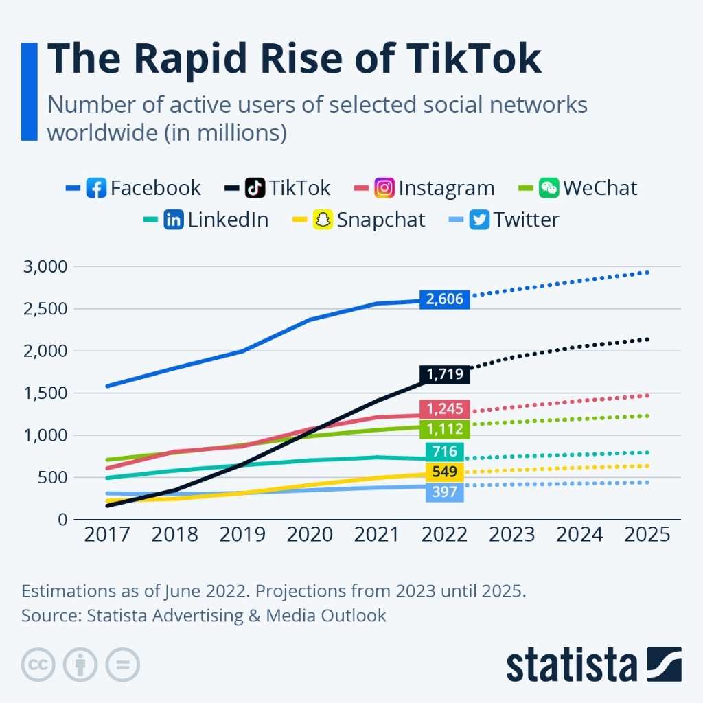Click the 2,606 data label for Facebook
click(445, 299)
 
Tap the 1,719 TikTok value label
click(445, 374)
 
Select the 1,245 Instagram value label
click(445, 409)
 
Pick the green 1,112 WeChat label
click(445, 429)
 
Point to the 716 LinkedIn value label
click(445, 451)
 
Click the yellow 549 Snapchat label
click(445, 472)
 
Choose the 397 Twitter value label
click(445, 492)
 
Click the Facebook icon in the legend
click(96, 188)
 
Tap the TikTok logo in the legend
click(255, 188)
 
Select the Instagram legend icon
click(384, 188)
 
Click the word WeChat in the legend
click(600, 188)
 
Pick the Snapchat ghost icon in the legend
click(323, 220)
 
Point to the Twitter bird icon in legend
click(480, 220)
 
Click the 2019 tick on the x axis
click(241, 534)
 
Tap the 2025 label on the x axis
click(646, 534)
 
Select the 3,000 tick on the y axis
click(47, 266)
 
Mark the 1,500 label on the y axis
click(47, 393)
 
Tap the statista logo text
click(572, 665)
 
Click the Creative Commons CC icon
click(39, 665)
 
